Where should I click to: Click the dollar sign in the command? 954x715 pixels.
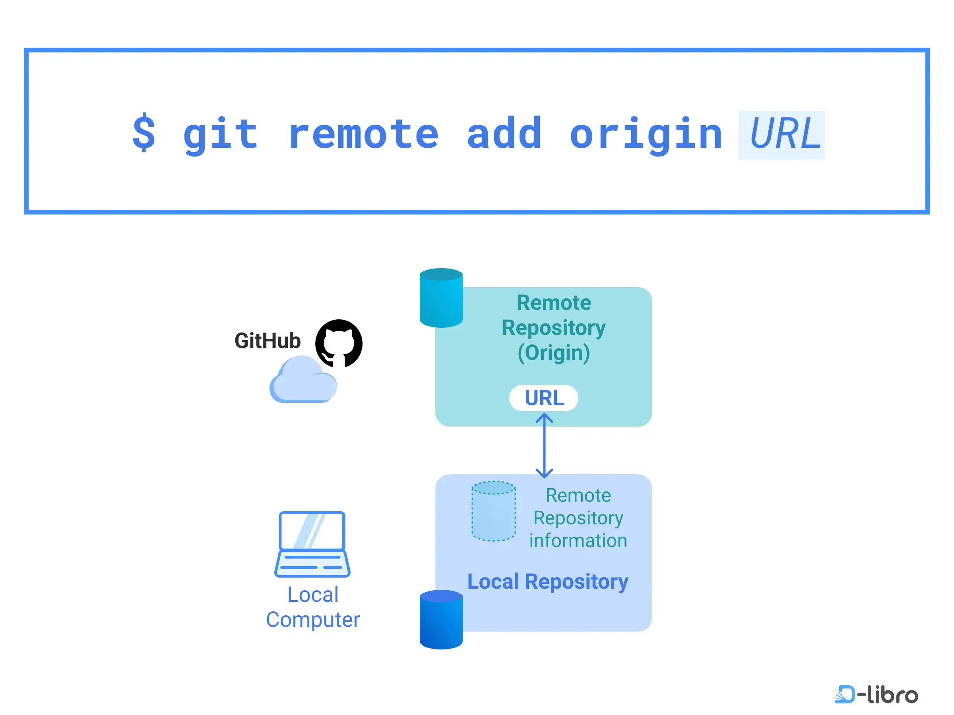(x=143, y=132)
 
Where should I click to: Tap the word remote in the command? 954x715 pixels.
(x=364, y=134)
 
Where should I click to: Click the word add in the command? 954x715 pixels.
(x=504, y=132)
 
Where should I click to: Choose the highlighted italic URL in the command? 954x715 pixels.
(x=781, y=135)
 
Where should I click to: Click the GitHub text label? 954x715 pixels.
(x=268, y=340)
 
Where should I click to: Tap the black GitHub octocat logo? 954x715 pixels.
(x=339, y=343)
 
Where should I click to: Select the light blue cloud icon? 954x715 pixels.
(x=303, y=379)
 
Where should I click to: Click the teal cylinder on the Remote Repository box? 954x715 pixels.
(x=441, y=298)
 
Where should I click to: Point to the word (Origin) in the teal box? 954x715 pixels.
(x=554, y=353)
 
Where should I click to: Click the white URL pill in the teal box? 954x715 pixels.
(x=543, y=398)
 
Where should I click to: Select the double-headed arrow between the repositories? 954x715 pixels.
(x=544, y=446)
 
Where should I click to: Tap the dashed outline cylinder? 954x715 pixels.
(x=493, y=511)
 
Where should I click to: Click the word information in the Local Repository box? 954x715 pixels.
(x=578, y=541)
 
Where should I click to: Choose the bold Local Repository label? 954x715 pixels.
(x=548, y=582)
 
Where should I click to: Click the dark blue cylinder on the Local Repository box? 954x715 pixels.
(x=441, y=620)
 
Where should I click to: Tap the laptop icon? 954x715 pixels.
(x=312, y=544)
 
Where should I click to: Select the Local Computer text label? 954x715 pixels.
(x=313, y=607)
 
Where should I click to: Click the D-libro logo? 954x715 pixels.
(x=876, y=694)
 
